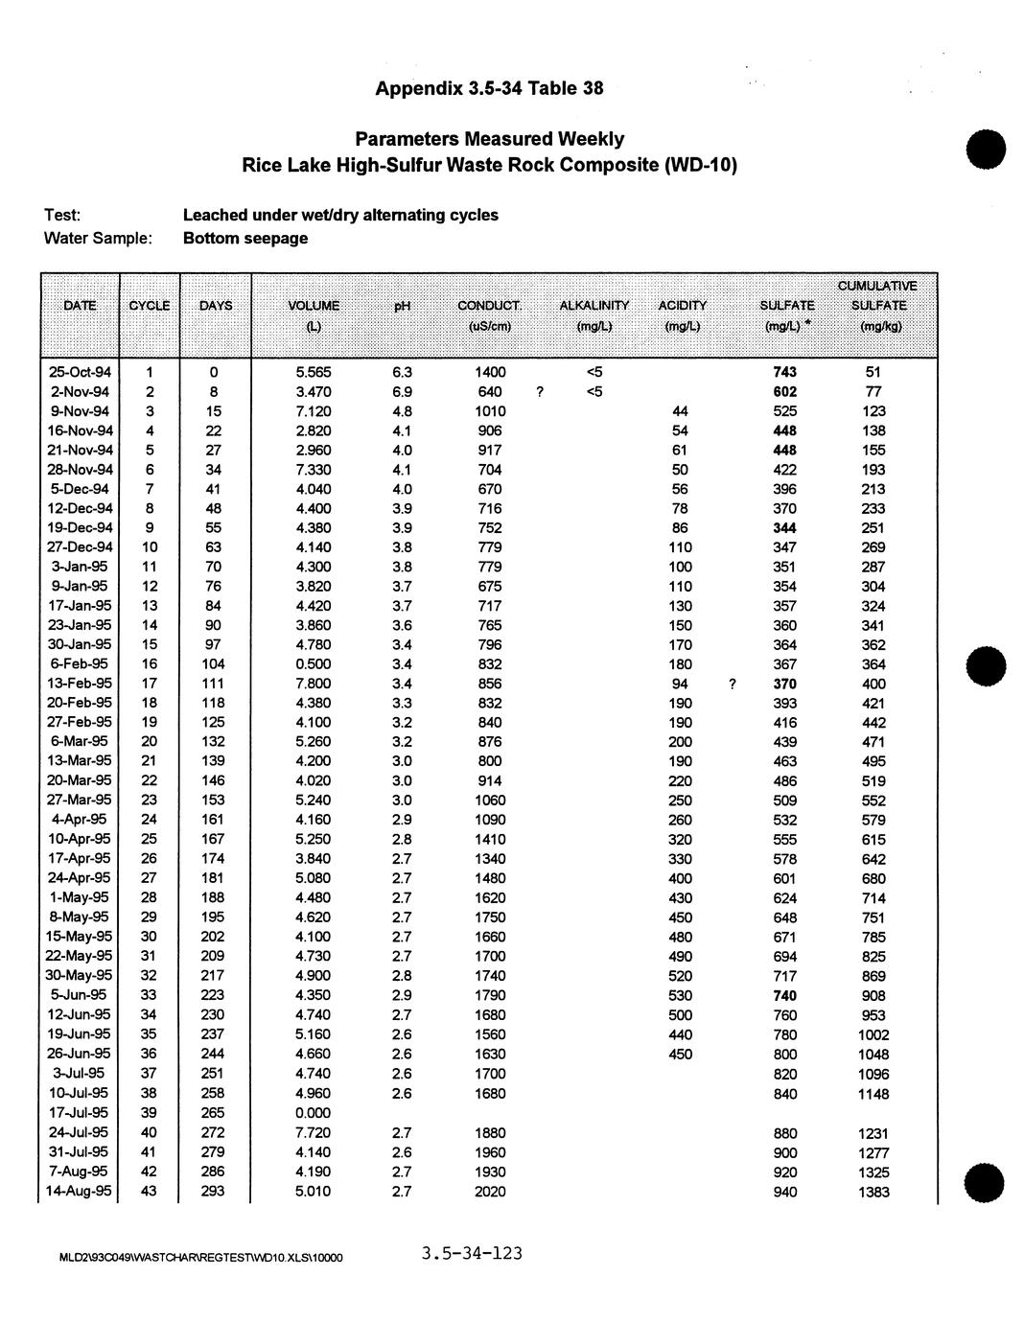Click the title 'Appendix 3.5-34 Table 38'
[x=489, y=89]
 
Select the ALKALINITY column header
[x=593, y=306]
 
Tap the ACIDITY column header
[x=682, y=306]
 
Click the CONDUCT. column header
[x=489, y=306]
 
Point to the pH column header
[x=402, y=306]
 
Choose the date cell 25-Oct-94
[x=80, y=372]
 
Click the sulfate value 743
[x=784, y=372]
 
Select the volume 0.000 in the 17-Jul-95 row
[x=314, y=1113]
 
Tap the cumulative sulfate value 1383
[x=873, y=1192]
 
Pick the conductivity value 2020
[x=490, y=1192]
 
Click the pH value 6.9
[x=402, y=392]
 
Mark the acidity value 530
[x=680, y=996]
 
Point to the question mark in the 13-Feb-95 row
[x=733, y=684]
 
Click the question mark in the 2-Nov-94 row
[x=541, y=392]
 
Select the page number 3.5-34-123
[x=471, y=1254]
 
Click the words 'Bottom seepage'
[x=245, y=239]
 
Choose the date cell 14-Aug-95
[x=80, y=1192]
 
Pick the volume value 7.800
[x=314, y=684]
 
